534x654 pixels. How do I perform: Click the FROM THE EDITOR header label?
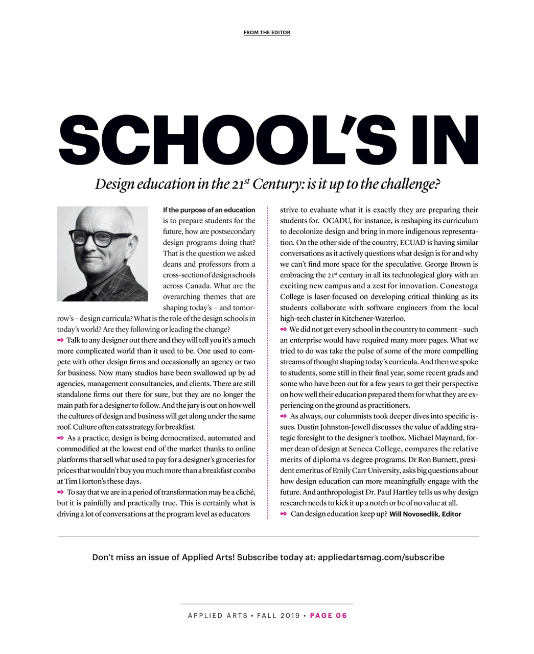(267, 33)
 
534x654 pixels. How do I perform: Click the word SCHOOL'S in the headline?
(223, 138)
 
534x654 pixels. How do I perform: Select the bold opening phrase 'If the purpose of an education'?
(208, 210)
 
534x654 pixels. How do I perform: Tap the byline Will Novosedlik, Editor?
(425, 514)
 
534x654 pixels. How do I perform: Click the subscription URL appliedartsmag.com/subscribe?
(381, 557)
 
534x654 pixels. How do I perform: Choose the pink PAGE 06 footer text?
(329, 616)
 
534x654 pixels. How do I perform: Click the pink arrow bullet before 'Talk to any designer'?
(60, 340)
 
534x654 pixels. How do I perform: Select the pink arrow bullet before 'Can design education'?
(284, 513)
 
